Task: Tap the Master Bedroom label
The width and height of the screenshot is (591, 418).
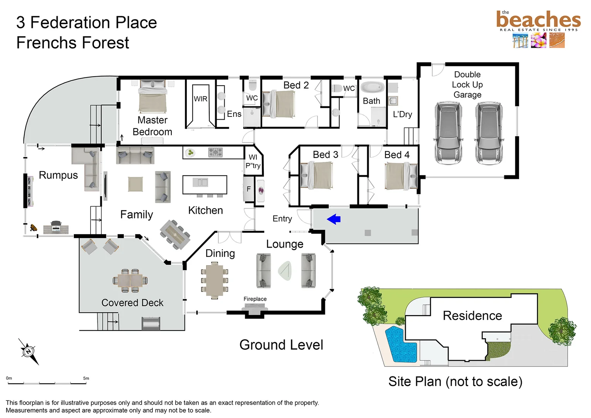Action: point(152,126)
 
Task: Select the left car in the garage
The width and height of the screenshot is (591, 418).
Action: point(448,133)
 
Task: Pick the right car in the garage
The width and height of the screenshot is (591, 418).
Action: point(489,133)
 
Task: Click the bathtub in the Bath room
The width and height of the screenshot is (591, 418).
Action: point(372,87)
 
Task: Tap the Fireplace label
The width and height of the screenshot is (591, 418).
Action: point(255,299)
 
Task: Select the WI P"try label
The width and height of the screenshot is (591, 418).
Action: point(253,161)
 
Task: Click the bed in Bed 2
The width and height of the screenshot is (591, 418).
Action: point(278,104)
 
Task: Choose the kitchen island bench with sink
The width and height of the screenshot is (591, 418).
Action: point(205,185)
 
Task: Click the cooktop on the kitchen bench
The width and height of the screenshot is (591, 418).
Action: point(215,152)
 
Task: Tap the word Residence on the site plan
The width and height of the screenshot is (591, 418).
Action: point(472,315)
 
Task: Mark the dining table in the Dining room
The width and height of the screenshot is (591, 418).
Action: point(214,281)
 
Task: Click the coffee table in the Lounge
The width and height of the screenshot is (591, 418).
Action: point(285,271)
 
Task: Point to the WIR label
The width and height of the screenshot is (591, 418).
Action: point(200,99)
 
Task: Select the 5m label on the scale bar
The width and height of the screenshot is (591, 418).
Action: point(86,378)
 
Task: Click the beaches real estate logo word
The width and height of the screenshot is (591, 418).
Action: point(538,20)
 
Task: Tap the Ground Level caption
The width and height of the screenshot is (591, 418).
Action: point(281,344)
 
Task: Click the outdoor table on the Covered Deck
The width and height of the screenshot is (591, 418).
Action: point(130,281)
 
